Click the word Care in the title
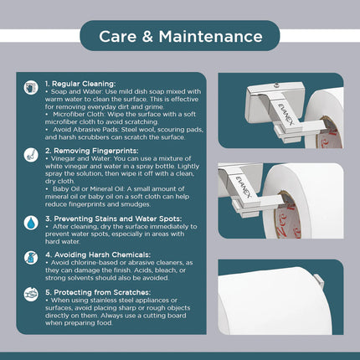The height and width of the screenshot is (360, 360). point(117,37)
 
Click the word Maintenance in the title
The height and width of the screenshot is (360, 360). point(210,37)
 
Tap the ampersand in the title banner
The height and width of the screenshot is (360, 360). point(147,37)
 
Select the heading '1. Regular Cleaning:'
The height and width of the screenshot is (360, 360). point(80,84)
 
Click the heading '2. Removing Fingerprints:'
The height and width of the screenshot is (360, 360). point(92,151)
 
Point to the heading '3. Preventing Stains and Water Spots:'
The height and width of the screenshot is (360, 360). point(114,219)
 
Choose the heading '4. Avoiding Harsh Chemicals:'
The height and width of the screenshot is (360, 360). point(98,255)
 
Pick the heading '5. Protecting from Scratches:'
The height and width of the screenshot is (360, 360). point(98,292)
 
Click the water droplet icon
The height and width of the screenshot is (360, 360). point(31,223)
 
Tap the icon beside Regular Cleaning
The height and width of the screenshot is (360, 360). point(31,88)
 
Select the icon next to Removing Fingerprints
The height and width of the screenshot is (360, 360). point(31,155)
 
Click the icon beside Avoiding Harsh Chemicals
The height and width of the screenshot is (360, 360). point(31,258)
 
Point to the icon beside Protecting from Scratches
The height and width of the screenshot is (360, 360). point(31,295)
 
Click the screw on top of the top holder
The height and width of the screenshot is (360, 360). point(276,85)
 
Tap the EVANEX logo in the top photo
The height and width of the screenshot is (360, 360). point(285,114)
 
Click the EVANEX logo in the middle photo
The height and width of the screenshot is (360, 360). point(244,187)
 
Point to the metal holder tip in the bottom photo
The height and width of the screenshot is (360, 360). point(319,281)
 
